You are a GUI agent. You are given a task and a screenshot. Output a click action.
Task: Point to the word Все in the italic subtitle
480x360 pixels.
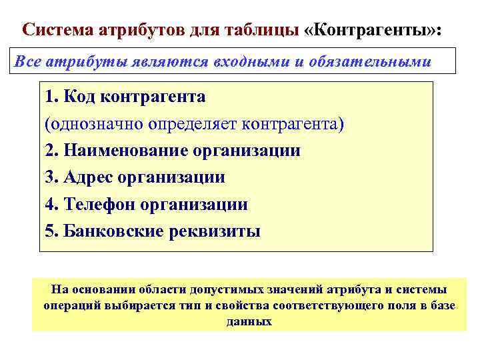pyautogui.click(x=27, y=62)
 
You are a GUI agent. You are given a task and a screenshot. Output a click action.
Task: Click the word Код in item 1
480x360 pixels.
pyautogui.click(x=81, y=97)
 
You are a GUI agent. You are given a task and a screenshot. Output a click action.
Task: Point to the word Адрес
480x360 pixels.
pyautogui.click(x=87, y=178)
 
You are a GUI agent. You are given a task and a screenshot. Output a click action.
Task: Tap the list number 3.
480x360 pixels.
pyautogui.click(x=50, y=178)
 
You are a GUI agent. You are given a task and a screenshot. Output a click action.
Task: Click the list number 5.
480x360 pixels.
pyautogui.click(x=50, y=231)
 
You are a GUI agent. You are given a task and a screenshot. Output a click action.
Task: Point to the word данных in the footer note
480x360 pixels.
pyautogui.click(x=249, y=321)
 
